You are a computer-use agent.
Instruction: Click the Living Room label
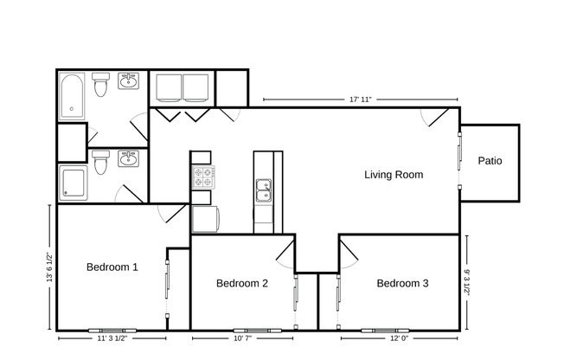click(393, 175)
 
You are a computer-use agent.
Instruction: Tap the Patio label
click(490, 161)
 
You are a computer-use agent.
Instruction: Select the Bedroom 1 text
click(112, 267)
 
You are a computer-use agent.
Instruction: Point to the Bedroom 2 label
click(241, 283)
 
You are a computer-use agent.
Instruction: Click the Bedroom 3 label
click(402, 283)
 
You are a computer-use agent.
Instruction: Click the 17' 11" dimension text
click(360, 100)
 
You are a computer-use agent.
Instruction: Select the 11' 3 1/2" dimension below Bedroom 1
click(111, 339)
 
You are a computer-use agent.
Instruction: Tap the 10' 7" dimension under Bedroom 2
click(242, 339)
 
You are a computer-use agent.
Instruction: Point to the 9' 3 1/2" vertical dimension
click(466, 281)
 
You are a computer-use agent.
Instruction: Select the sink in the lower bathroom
click(129, 158)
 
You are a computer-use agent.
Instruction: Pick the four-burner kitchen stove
click(202, 177)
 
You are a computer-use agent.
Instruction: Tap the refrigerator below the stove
click(204, 219)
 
